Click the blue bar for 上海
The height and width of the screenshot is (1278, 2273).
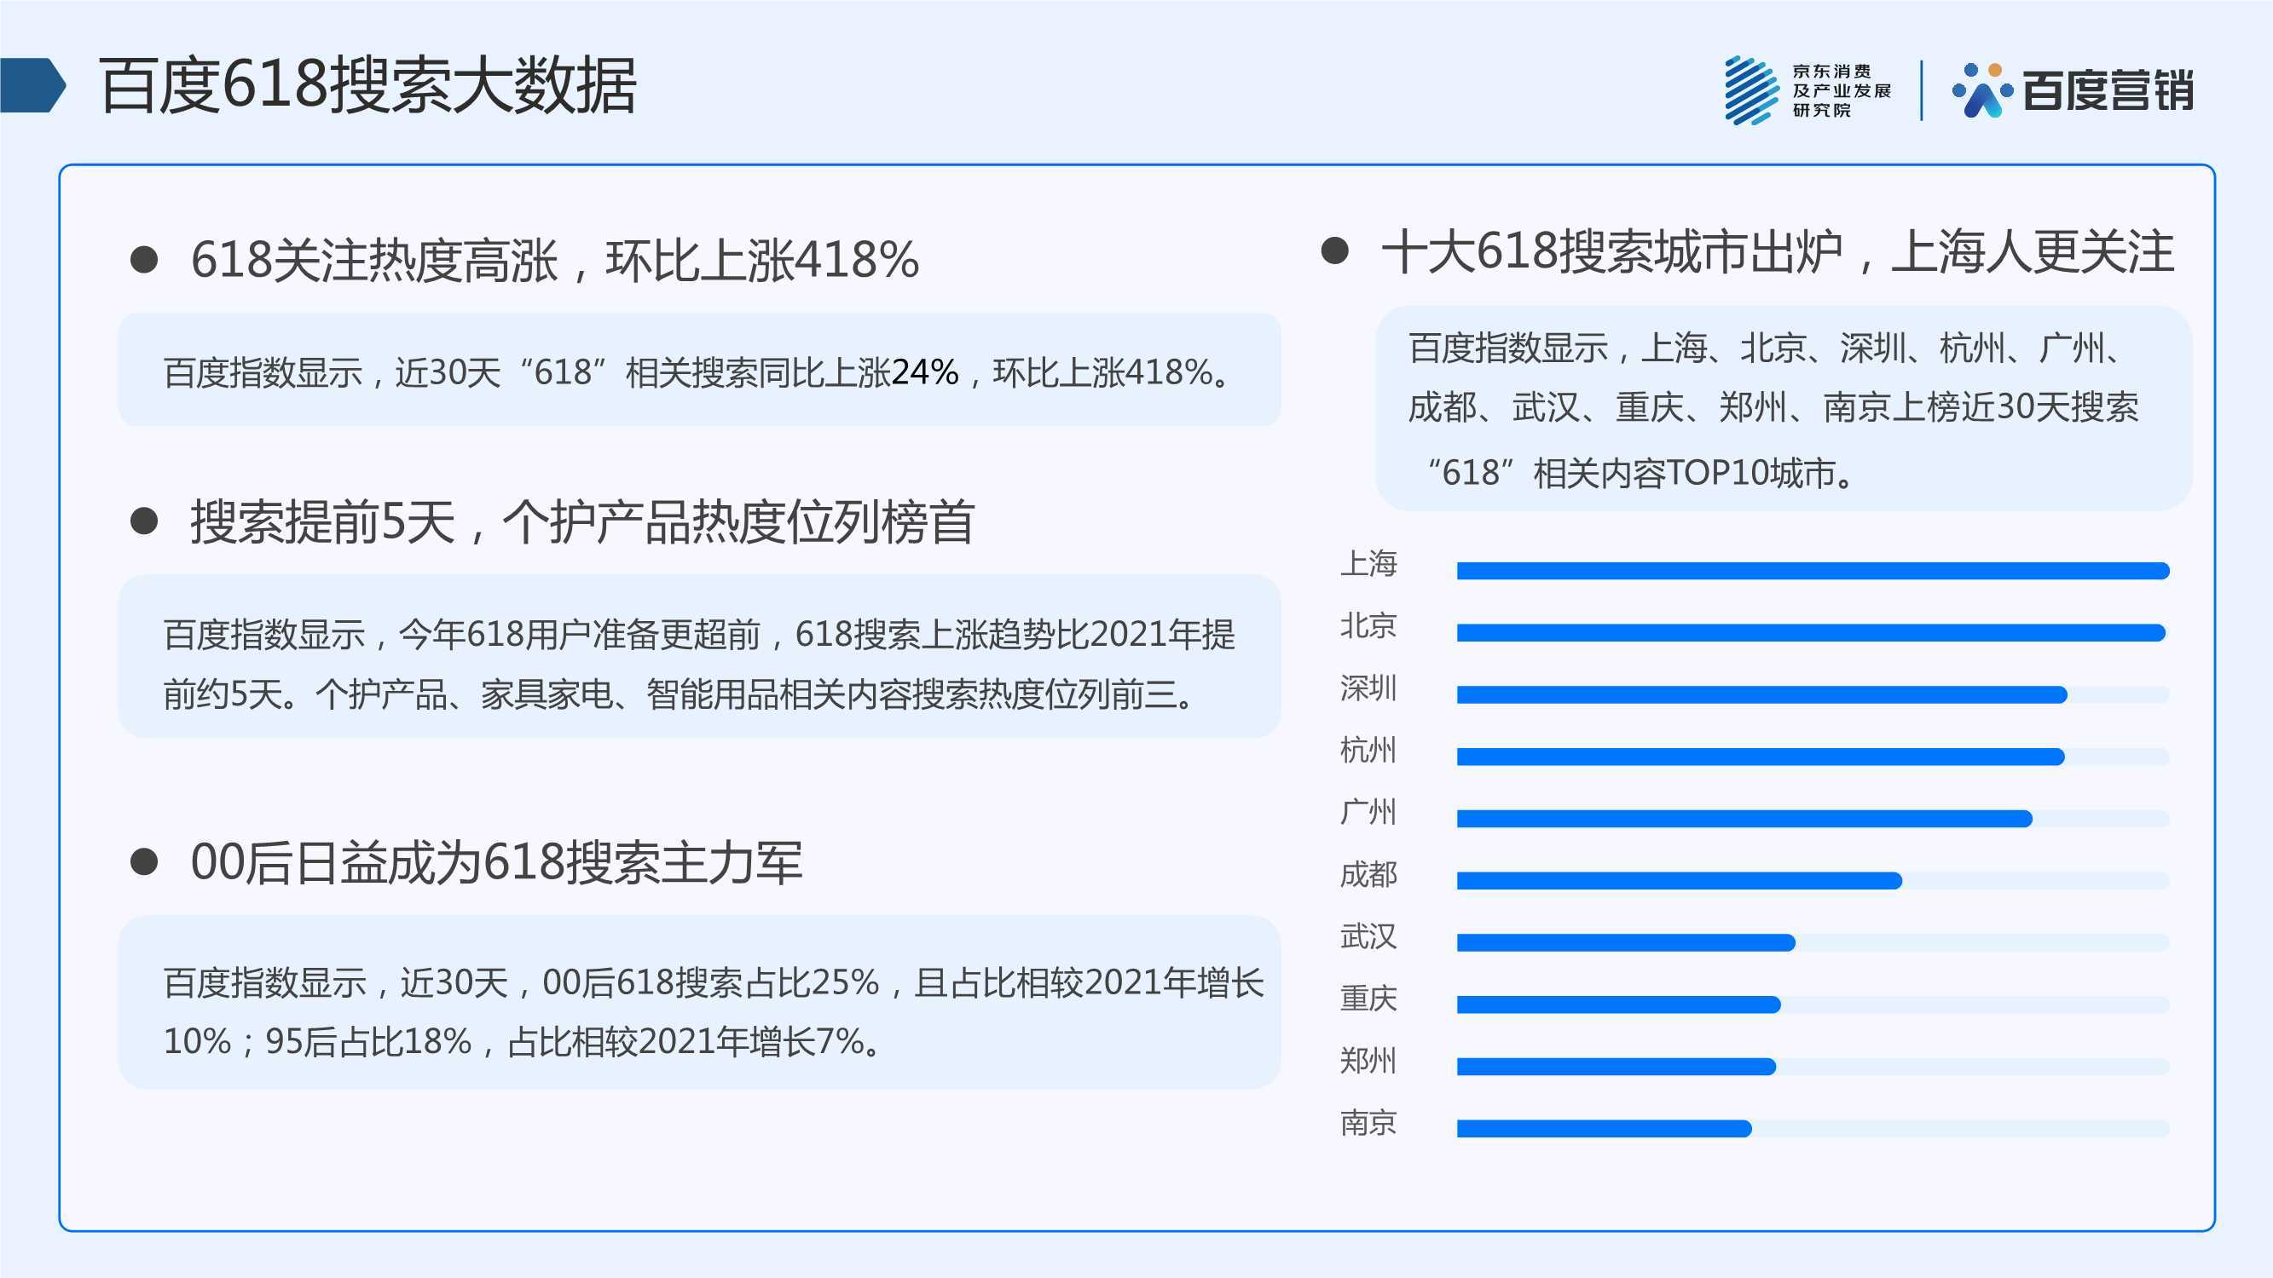pos(1813,571)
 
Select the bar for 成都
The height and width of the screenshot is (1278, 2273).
pos(1679,880)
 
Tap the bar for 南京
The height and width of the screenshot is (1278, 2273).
pos(1605,1128)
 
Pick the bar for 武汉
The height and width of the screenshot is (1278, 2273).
pos(1626,943)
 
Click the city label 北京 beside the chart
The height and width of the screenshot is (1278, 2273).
pos(1368,626)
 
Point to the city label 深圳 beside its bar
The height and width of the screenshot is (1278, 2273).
pos(1368,688)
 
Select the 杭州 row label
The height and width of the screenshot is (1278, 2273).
pos(1368,751)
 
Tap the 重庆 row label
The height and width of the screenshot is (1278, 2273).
pos(1368,999)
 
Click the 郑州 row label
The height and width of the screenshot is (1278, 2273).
pos(1368,1060)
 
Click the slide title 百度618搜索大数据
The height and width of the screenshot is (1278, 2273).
pos(368,85)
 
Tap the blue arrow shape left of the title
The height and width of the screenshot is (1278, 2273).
pos(32,85)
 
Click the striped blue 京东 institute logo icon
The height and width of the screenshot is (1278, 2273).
pos(1751,90)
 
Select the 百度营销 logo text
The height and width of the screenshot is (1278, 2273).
pos(2108,90)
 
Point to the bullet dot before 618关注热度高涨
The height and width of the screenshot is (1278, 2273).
pos(144,260)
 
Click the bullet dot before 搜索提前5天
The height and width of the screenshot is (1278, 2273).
pos(144,521)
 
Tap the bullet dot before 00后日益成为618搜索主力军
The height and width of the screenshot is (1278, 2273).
pos(144,861)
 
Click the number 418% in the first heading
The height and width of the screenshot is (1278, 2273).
pos(857,260)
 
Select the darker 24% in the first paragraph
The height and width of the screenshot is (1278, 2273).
pos(925,372)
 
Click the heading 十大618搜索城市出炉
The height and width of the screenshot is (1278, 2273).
pos(1612,253)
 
